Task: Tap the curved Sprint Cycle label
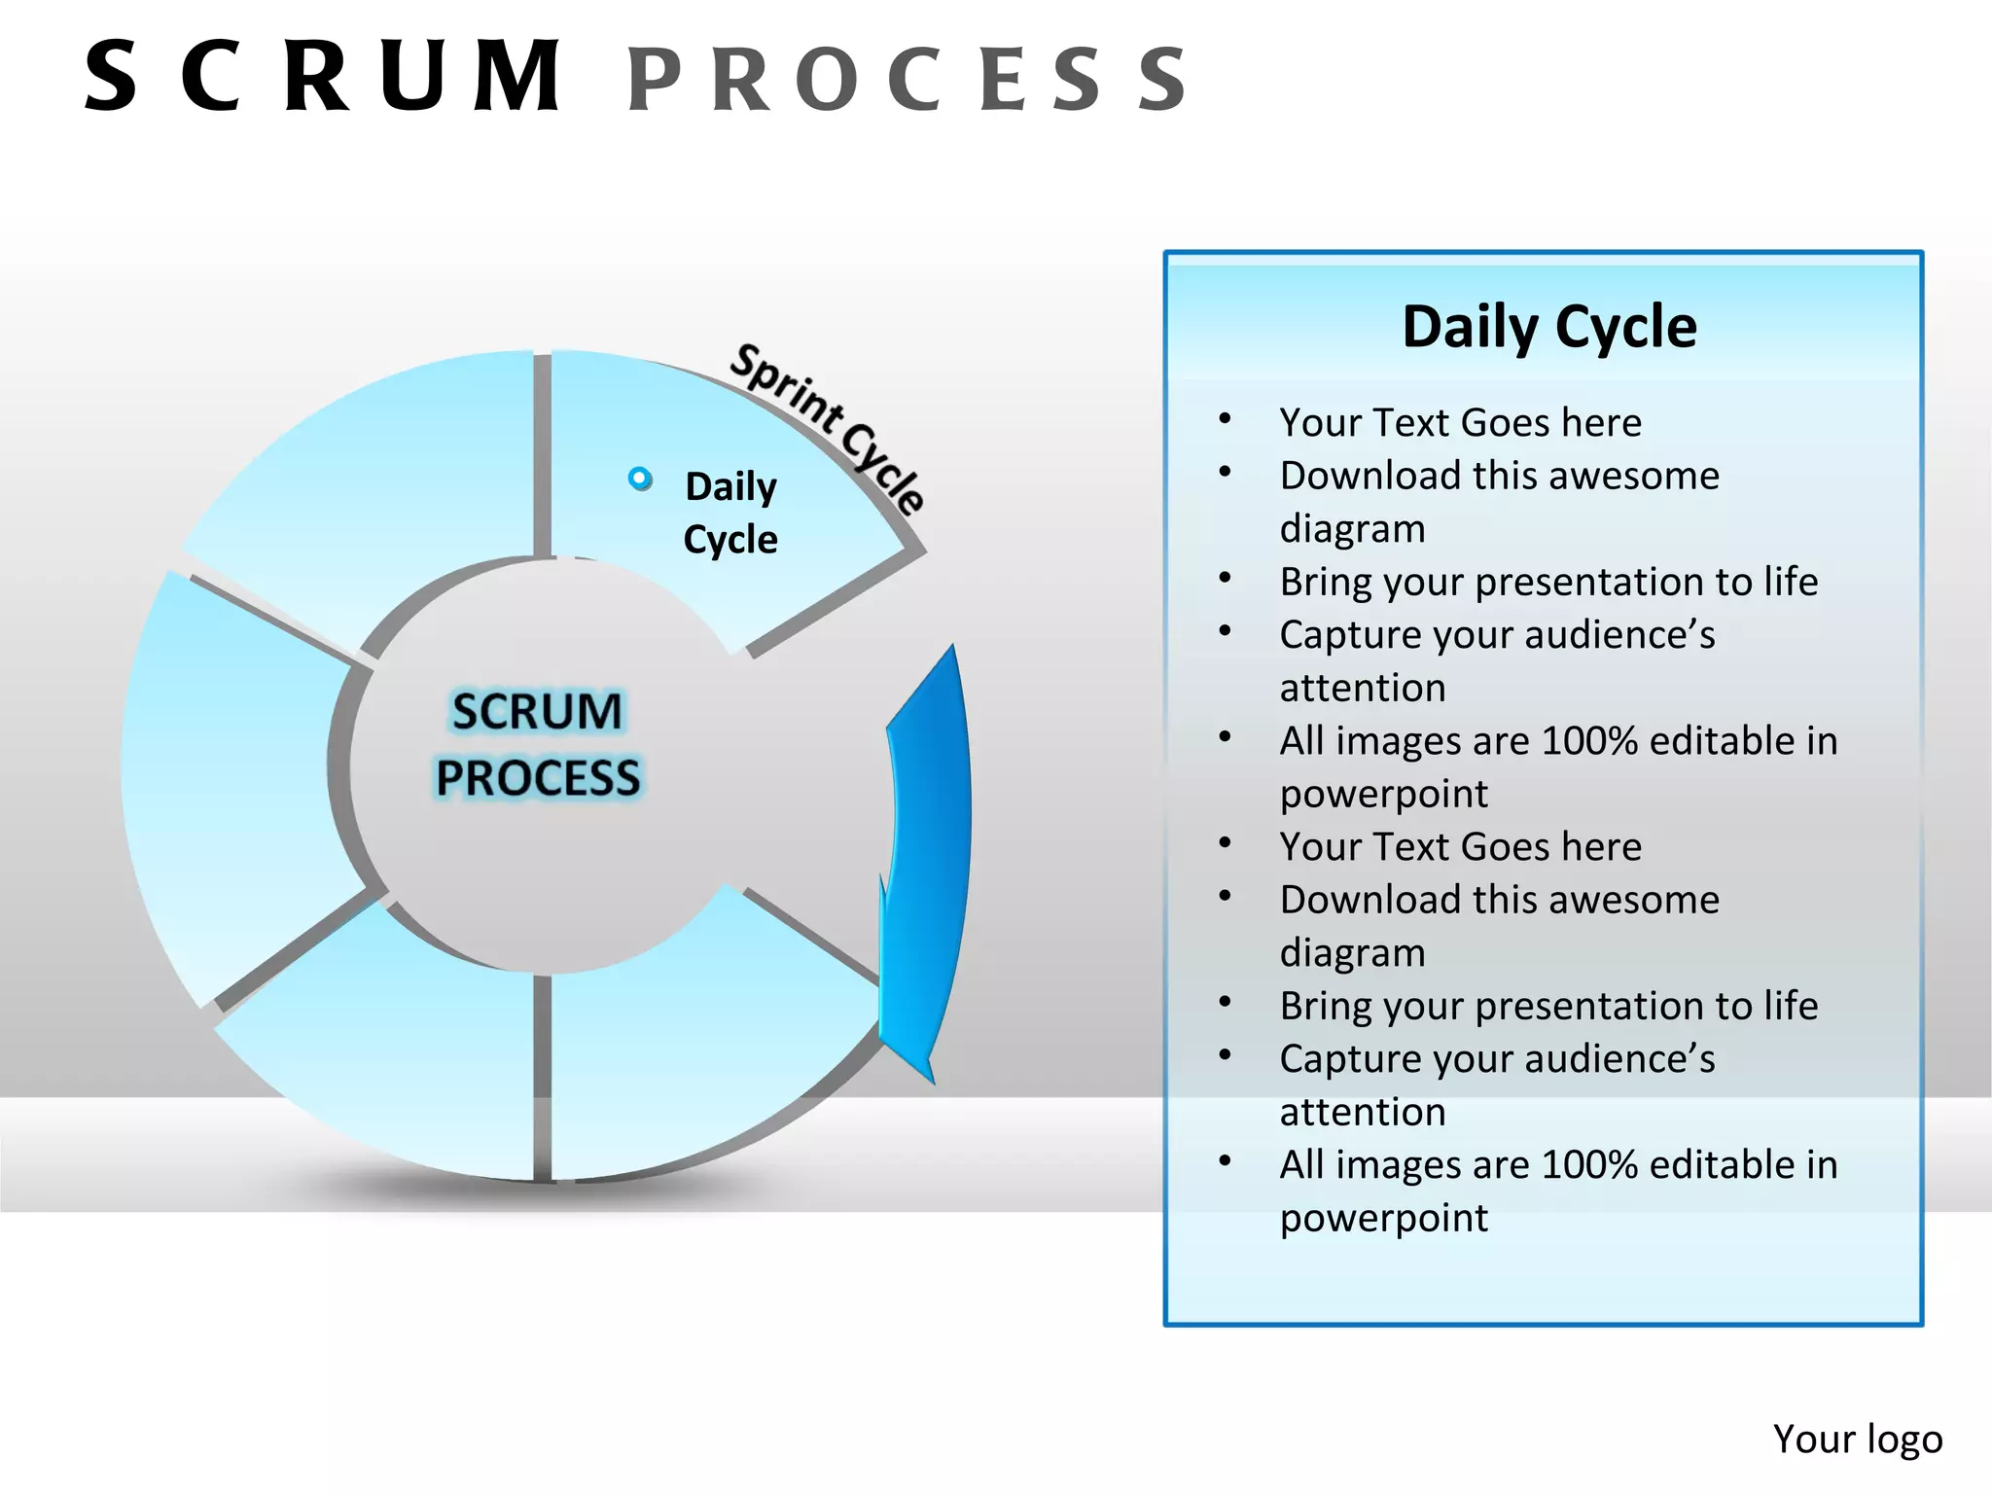tap(827, 428)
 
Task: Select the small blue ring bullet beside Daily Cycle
tap(640, 479)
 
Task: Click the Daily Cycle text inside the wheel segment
tap(730, 513)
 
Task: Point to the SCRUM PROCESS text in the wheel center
tap(537, 744)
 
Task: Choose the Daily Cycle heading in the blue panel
tap(1548, 327)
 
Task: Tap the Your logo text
tap(1857, 1439)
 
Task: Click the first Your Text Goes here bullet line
tap(1460, 423)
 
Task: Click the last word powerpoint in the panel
tap(1383, 1218)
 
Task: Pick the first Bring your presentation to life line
tap(1547, 582)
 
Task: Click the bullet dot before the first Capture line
tap(1226, 631)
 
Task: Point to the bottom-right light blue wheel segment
tap(700, 1050)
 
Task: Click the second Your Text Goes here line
tap(1460, 847)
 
